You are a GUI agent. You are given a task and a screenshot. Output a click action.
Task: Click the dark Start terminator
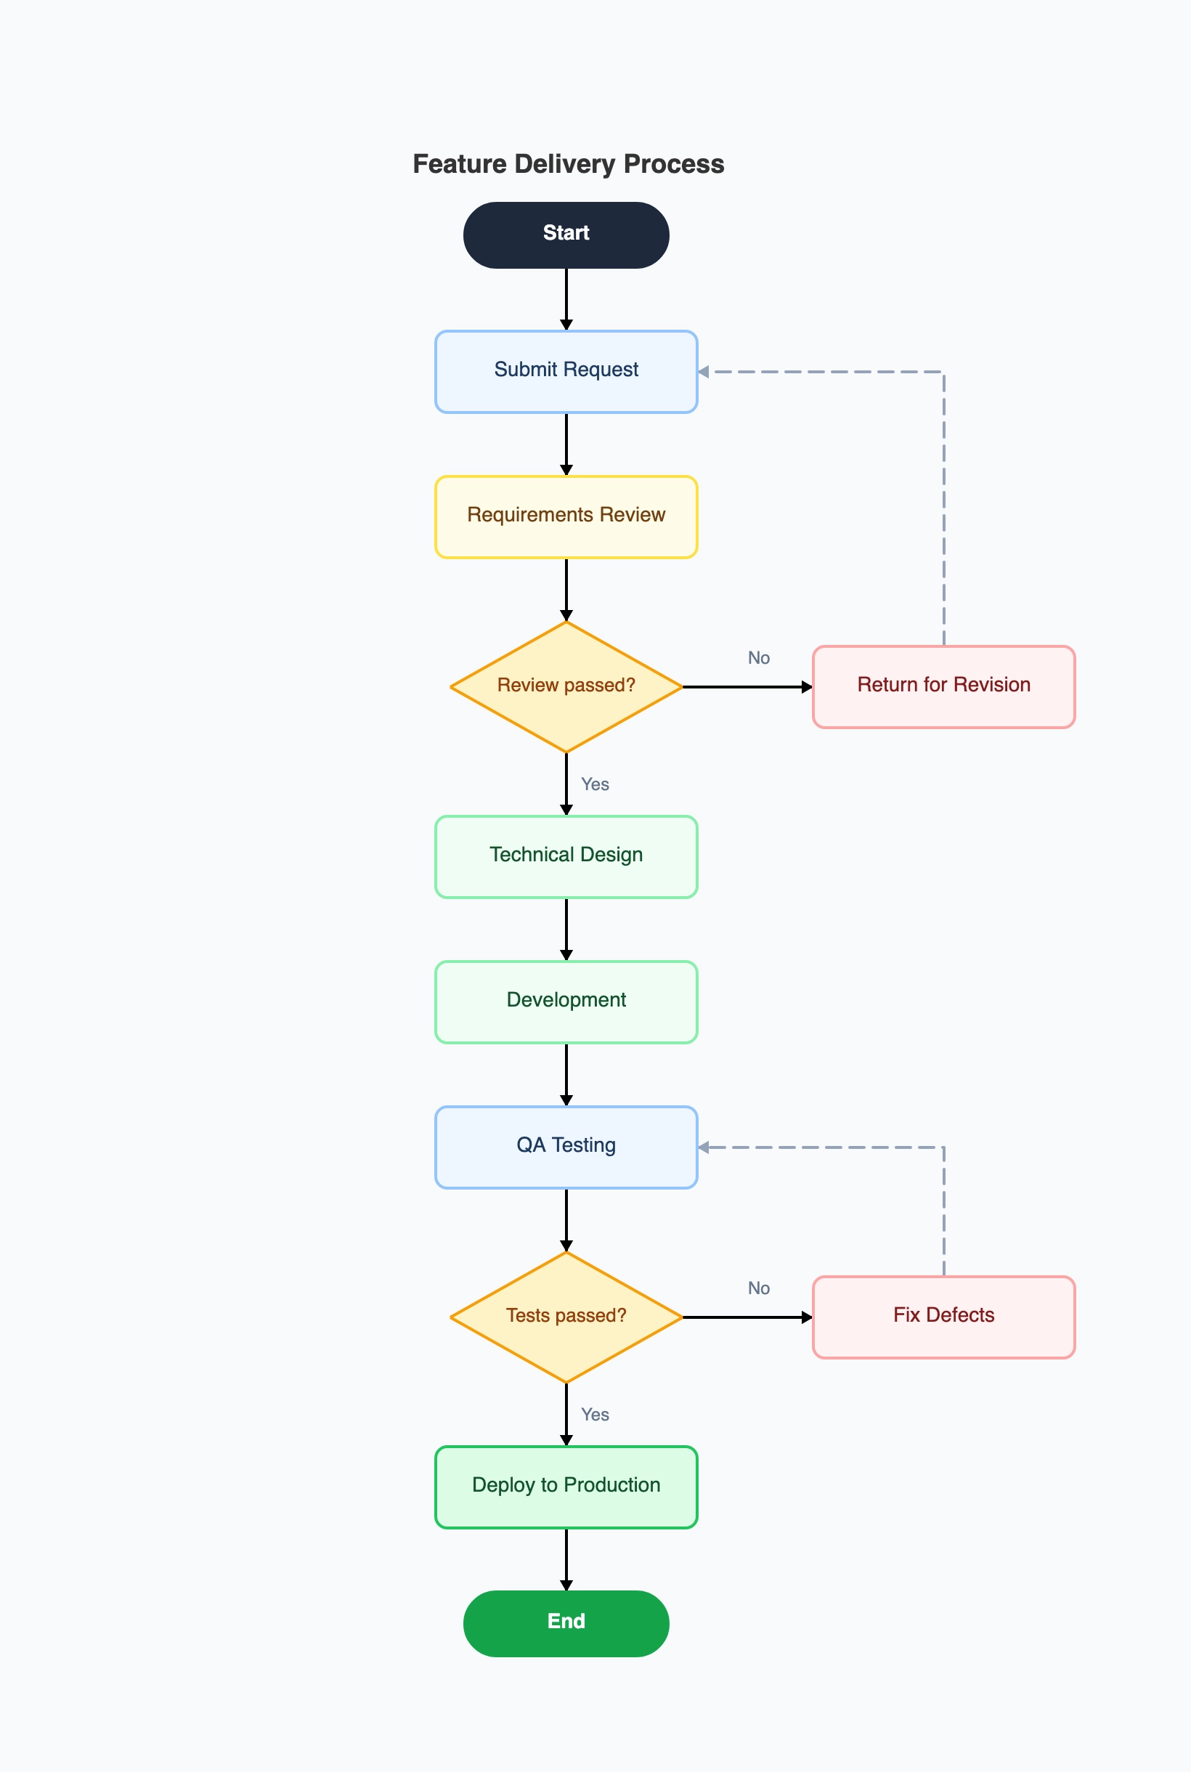coord(566,235)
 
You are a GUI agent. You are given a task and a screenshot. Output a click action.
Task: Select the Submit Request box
coord(566,371)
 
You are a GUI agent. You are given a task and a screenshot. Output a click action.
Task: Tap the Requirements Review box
coord(566,516)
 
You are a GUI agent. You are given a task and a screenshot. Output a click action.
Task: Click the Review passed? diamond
coord(566,686)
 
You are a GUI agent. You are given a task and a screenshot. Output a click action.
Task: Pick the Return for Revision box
coord(943,686)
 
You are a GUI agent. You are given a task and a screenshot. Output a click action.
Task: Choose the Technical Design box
coord(566,857)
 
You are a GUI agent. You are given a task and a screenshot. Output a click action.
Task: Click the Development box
coord(566,1001)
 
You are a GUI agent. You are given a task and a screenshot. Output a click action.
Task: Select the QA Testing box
coord(566,1147)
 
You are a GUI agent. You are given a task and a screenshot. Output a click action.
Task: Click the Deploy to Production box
coord(566,1487)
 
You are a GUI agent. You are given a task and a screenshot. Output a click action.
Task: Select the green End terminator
coord(566,1623)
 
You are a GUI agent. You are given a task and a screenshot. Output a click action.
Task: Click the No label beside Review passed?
coord(758,658)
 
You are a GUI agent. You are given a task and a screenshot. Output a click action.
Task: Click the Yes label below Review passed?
coord(595,784)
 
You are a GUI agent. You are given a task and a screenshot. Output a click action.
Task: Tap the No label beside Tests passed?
coord(758,1288)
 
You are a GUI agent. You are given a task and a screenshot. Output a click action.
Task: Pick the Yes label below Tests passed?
coord(595,1414)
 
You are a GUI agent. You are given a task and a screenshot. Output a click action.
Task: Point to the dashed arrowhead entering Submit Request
coord(704,371)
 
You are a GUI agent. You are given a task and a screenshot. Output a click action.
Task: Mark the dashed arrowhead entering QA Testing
coord(704,1147)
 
